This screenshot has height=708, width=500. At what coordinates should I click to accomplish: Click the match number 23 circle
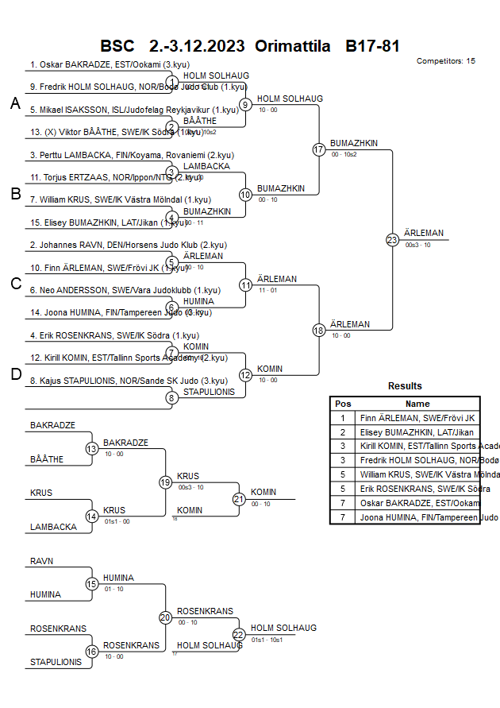392,239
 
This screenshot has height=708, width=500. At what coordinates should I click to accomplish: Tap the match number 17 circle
319,149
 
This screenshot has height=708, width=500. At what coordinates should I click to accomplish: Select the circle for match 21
239,499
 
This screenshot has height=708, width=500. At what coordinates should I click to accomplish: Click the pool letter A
15,103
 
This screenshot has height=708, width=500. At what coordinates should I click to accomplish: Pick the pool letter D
15,374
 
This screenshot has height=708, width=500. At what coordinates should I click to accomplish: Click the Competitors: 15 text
445,61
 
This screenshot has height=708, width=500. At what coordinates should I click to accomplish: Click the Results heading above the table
405,386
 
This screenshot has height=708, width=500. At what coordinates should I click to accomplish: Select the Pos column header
343,404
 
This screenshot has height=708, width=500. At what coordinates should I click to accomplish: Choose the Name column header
417,404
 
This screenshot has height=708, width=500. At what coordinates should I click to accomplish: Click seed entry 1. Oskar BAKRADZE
110,65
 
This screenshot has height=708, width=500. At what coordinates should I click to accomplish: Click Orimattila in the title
293,46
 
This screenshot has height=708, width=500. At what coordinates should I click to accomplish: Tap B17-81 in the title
372,46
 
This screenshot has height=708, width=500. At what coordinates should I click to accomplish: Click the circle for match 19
165,482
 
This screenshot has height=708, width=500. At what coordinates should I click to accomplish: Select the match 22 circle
239,634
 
